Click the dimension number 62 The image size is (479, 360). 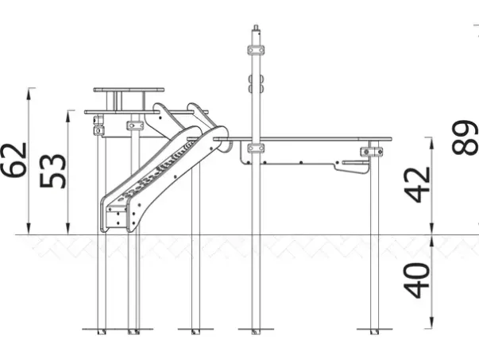(x=14, y=159)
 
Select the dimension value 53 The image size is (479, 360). (x=52, y=171)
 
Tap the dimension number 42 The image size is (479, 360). (x=417, y=185)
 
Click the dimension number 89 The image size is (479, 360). (x=465, y=137)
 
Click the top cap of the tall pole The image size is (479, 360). (x=256, y=28)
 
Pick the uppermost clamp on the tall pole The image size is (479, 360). (x=256, y=50)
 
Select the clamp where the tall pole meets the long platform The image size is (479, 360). (x=256, y=149)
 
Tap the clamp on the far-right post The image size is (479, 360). (x=372, y=152)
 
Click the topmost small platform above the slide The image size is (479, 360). (x=129, y=90)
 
